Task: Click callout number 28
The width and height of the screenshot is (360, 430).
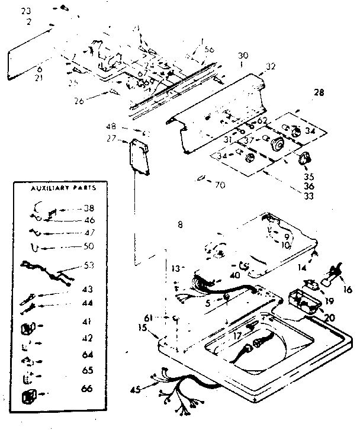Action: click(x=319, y=93)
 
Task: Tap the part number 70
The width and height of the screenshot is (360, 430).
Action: click(x=220, y=185)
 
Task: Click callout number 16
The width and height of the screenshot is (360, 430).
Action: click(x=347, y=290)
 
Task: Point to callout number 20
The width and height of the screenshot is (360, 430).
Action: click(x=329, y=318)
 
